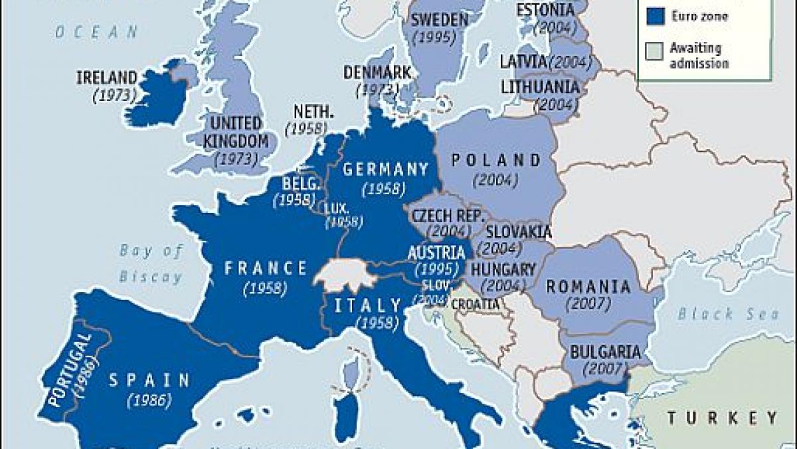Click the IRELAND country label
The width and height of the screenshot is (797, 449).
click(106, 77)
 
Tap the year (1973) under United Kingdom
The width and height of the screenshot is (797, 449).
click(237, 159)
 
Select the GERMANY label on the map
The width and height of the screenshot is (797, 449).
click(386, 169)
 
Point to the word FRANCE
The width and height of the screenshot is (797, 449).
click(266, 268)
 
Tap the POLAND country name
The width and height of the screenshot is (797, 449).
click(496, 160)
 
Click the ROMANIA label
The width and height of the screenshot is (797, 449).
click(588, 287)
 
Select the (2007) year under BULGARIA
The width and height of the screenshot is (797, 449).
click(601, 368)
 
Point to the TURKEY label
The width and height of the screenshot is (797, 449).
click(723, 418)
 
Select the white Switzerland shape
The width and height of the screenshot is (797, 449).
click(342, 275)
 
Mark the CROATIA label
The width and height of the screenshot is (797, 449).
click(476, 304)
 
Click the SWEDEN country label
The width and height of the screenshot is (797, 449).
click(439, 19)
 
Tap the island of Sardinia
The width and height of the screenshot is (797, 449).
click(347, 416)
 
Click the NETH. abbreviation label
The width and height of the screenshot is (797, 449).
click(306, 112)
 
